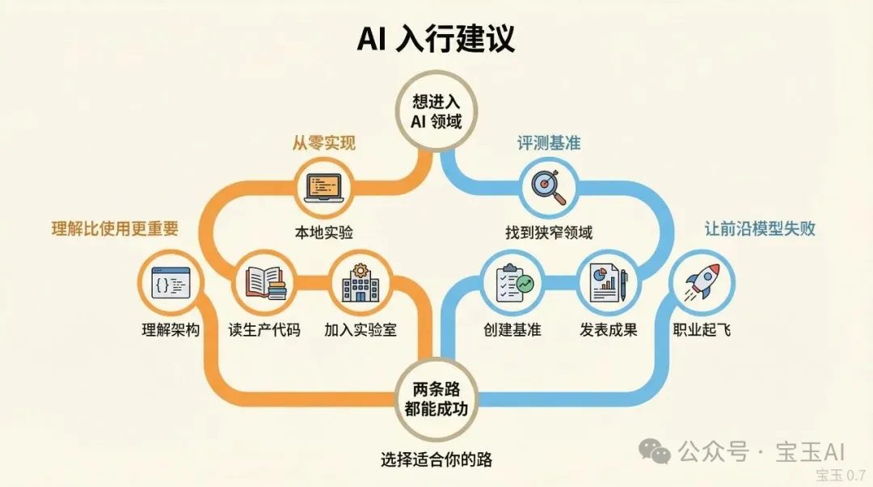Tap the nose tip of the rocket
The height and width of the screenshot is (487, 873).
point(716,266)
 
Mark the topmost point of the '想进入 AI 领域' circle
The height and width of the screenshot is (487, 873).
point(436,70)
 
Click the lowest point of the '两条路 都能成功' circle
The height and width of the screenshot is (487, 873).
point(436,441)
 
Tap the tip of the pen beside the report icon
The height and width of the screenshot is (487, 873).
point(624,302)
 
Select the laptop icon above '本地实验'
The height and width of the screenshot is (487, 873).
point(323,188)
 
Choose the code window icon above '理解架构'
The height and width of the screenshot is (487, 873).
point(171,283)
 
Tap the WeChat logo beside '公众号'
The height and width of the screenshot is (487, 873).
point(655,451)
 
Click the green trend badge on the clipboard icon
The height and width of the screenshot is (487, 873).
point(525,284)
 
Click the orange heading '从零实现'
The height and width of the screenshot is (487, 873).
point(323,143)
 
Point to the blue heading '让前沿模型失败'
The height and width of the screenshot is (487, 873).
point(759,229)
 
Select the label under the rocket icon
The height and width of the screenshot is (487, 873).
point(702,330)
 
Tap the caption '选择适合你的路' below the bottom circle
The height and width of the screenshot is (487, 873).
point(436,459)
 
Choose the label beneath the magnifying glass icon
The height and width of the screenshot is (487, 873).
point(549,232)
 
